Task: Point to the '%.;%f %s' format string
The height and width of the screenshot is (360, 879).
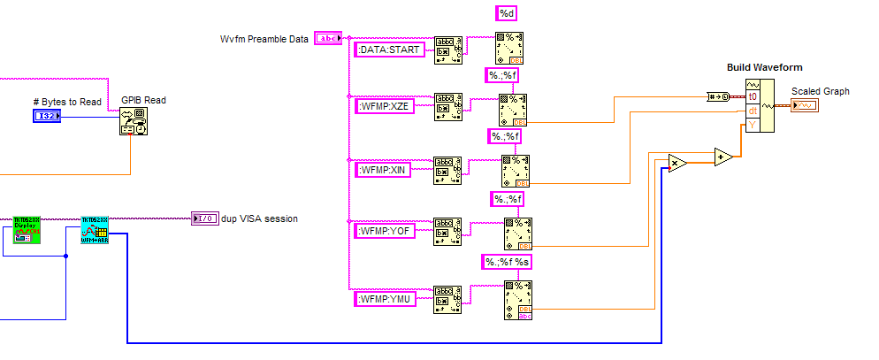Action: pos(507,262)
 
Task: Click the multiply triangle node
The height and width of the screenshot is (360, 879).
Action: pos(676,164)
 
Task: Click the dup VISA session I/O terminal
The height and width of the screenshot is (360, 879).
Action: pos(204,218)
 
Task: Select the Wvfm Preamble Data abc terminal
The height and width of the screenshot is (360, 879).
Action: pos(328,38)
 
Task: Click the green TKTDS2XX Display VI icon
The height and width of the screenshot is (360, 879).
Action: pos(26,230)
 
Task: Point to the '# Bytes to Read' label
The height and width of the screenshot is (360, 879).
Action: pos(67,102)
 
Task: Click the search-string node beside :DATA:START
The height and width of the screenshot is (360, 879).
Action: pos(448,51)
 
